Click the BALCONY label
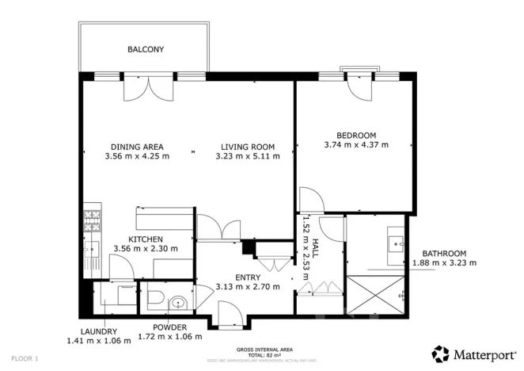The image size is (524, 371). tap(146, 49)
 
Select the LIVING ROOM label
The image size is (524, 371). tap(247, 147)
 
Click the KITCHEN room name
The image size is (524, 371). tap(146, 239)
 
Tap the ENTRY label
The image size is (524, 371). tap(248, 277)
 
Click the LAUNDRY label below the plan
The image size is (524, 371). tap(97, 331)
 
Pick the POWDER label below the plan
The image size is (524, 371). tap(169, 327)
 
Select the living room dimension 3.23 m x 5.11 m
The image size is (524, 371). tap(247, 156)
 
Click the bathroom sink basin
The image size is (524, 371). tap(395, 241)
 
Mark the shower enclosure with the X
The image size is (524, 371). tap(376, 295)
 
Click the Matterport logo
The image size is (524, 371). tap(473, 354)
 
